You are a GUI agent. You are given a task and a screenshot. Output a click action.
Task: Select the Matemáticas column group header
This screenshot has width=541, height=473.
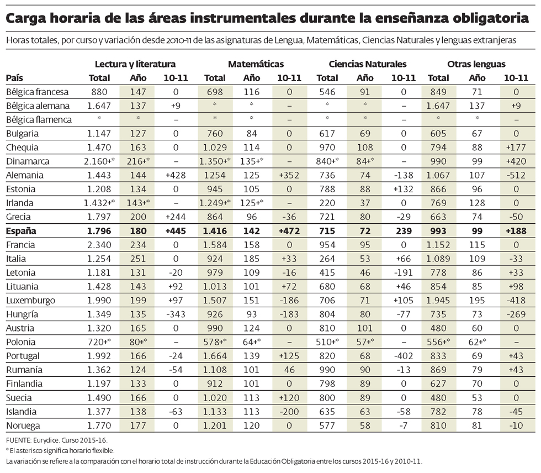[256, 64]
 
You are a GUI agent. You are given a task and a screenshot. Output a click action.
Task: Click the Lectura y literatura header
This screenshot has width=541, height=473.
[135, 64]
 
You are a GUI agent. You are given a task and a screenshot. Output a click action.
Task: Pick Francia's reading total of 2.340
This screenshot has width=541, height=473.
[99, 245]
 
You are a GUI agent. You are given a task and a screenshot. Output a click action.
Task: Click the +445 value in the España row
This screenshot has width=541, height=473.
[177, 231]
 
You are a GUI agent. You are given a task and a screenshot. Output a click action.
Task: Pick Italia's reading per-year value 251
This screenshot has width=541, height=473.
[137, 259]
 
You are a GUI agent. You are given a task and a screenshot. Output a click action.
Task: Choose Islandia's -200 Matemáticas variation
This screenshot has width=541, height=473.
[289, 412]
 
